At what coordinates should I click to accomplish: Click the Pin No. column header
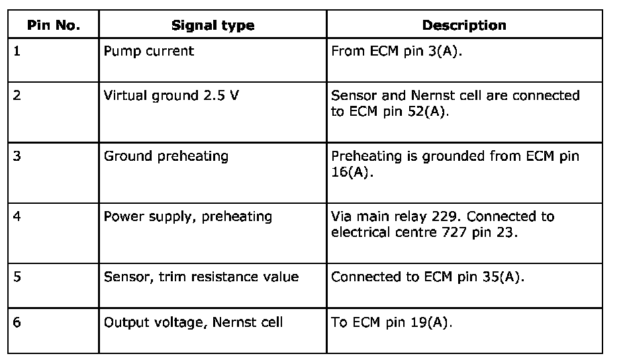coord(53,26)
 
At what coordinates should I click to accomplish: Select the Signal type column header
coord(213,26)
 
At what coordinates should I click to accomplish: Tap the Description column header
coord(464,26)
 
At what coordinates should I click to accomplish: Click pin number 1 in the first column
coord(17,51)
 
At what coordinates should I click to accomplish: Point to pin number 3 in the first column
coord(17,157)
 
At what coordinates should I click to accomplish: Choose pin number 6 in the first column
coord(17,322)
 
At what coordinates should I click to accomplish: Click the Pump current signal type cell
coord(149,51)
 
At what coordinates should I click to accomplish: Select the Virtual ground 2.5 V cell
coord(171,95)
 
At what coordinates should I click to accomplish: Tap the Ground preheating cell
coord(166,157)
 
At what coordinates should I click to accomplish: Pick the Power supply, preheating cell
coord(188,216)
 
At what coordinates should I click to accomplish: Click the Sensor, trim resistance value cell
coord(201,277)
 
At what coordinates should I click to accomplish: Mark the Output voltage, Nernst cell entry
coord(193,322)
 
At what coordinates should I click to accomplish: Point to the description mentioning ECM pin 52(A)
coord(455,103)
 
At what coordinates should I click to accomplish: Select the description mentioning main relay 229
coord(443,224)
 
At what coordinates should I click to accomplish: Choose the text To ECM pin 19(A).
coord(392,322)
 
